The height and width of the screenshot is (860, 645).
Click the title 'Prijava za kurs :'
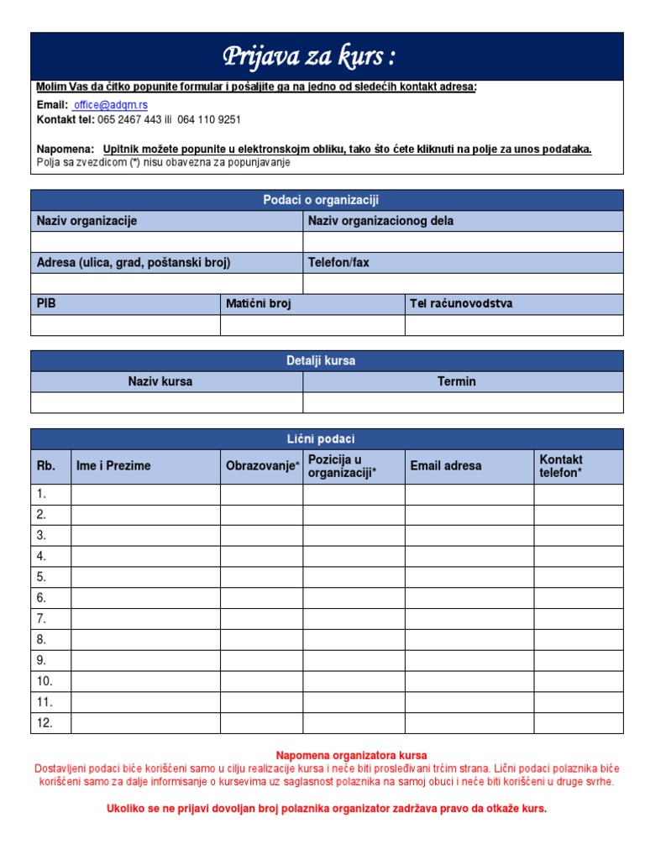[x=308, y=57]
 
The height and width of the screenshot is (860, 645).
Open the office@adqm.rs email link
[x=111, y=105]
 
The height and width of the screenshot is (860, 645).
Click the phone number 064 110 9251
[x=209, y=120]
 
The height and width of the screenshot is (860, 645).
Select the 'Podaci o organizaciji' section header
[x=327, y=200]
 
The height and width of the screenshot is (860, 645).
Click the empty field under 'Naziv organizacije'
[x=166, y=242]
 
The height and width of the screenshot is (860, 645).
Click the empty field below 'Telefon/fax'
[x=463, y=284]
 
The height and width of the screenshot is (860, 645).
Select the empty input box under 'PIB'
[x=125, y=325]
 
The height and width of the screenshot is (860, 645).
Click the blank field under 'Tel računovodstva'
[x=514, y=325]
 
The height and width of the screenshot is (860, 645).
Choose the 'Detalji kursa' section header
[x=327, y=361]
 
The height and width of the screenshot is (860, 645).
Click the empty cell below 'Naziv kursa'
[x=166, y=403]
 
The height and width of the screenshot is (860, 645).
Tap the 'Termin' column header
[x=456, y=381]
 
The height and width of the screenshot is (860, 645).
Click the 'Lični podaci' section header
[x=327, y=439]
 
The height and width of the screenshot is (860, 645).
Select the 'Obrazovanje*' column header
[x=262, y=466]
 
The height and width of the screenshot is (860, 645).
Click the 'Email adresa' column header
[x=446, y=466]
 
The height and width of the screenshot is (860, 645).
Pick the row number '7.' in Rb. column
[x=41, y=618]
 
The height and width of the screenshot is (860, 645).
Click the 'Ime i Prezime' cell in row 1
[x=145, y=494]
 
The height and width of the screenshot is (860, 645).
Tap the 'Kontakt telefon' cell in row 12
[x=578, y=722]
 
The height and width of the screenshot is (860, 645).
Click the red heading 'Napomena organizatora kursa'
[x=351, y=756]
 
